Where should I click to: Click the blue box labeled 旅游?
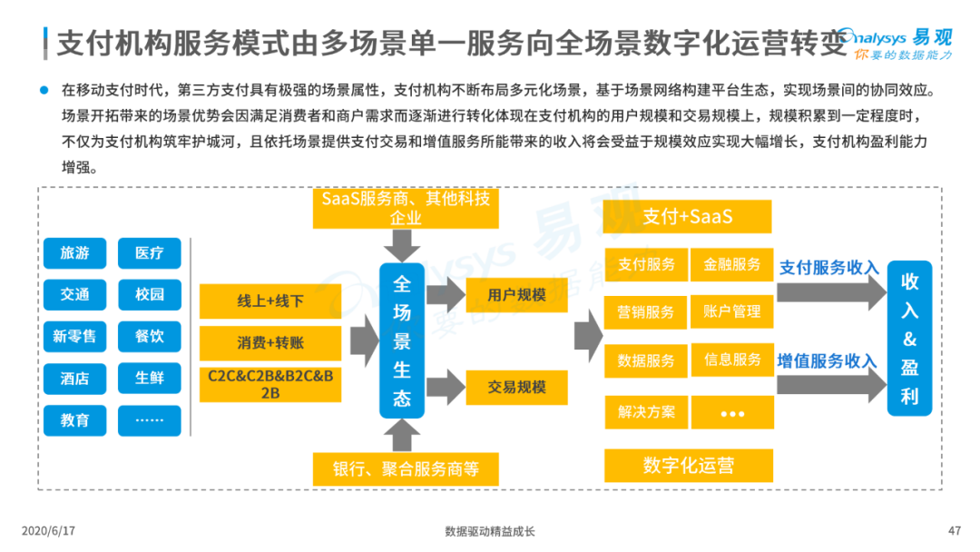pos(75,253)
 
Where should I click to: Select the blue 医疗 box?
pos(150,253)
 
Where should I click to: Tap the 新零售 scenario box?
pos(75,336)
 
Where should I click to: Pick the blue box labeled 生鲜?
pos(150,379)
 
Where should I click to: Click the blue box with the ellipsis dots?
pos(150,420)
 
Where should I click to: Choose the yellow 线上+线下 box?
pos(270,301)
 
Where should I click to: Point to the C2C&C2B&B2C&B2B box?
pos(270,384)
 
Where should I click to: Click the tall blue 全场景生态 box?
pos(402,340)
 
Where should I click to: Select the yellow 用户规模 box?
pos(517,295)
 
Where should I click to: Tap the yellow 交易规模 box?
pos(517,388)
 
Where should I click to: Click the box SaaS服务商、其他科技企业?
pos(406,208)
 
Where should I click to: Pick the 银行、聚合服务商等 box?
pos(406,468)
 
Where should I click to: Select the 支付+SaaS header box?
pos(688,216)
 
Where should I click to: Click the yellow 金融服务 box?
pos(732,264)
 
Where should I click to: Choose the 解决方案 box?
pos(646,412)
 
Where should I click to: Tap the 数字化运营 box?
pos(689,466)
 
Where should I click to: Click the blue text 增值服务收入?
pos(827,360)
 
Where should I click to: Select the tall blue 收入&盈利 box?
pos(909,339)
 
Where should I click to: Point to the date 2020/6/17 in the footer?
pos(49,531)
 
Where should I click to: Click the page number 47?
pos(955,531)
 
